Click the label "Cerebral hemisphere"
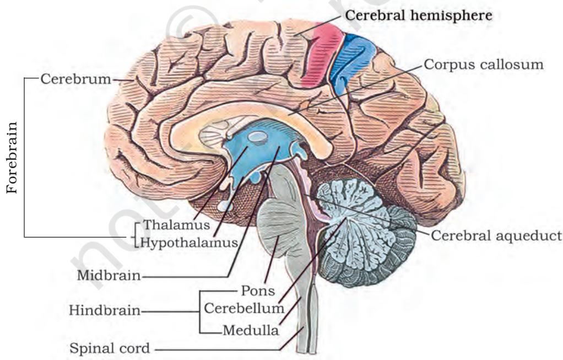pos(419,16)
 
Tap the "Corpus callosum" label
pos(484,65)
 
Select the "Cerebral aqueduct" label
pos(496,236)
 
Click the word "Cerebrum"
pos(76,79)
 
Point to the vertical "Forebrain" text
pos(12,158)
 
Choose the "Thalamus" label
pos(176,225)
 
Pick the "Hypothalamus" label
pos(189,243)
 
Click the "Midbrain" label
pos(109,276)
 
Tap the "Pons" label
pos(258,291)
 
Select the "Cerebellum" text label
pos(244,308)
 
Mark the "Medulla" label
pos(251,330)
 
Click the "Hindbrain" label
pos(105,310)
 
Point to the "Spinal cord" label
pos(110,348)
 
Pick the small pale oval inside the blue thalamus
pos(257,136)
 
